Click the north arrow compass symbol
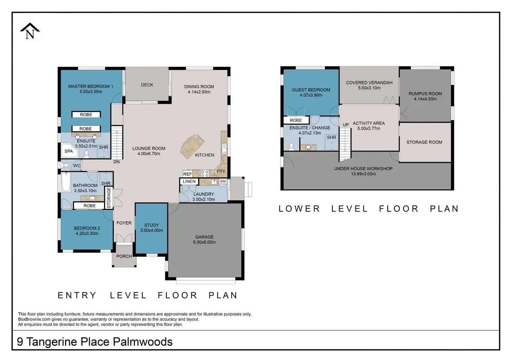(30, 31)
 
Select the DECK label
(147, 85)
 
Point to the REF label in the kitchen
(187, 174)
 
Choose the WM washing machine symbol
(223, 182)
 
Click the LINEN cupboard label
(189, 182)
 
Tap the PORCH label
(124, 256)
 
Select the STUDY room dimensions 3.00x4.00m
(152, 230)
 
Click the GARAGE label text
(204, 237)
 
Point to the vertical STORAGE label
(109, 198)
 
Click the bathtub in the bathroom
(66, 182)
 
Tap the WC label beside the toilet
(77, 166)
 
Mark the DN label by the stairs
(117, 162)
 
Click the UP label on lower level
(346, 125)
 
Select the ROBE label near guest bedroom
(296, 120)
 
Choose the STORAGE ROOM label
(424, 142)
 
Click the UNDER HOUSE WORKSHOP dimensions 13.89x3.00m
(363, 174)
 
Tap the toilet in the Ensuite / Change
(291, 146)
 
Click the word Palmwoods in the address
(143, 342)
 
